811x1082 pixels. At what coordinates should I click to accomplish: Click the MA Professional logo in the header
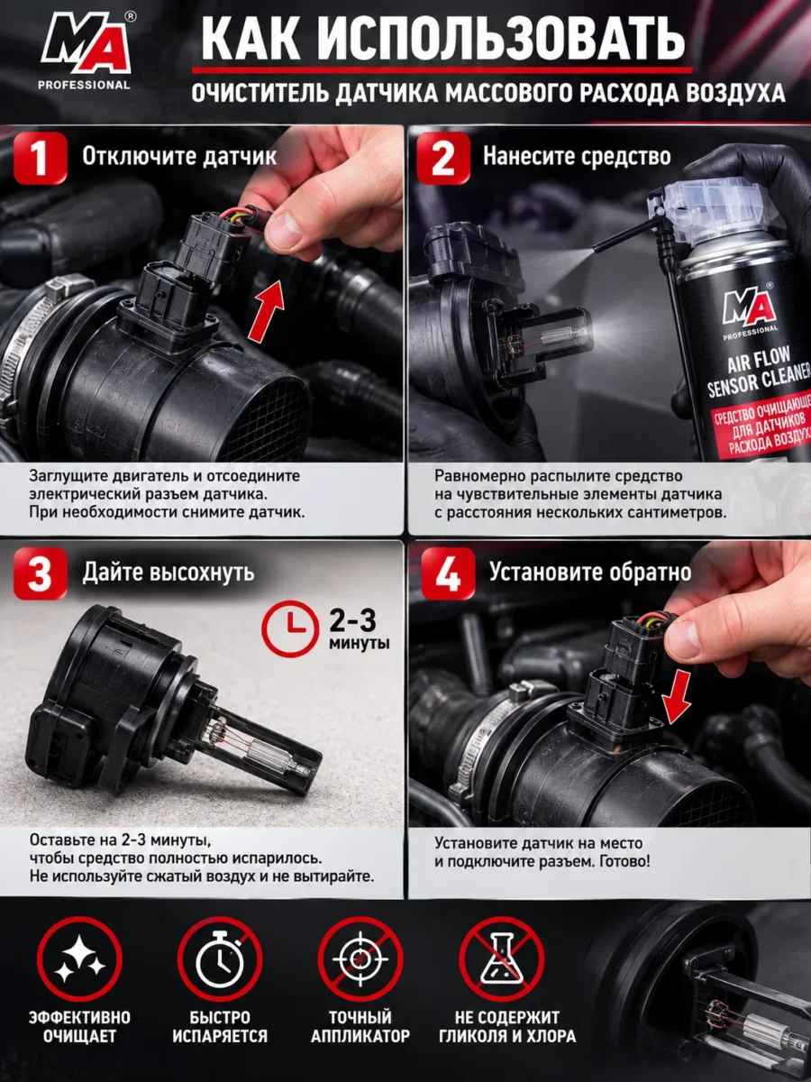pos(86,51)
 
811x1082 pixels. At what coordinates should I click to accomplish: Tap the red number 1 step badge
pos(41,158)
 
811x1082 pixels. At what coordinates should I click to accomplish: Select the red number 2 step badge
pos(443,158)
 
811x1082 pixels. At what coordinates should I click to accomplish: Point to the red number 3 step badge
pos(41,573)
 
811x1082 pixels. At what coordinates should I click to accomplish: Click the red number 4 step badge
pos(448,573)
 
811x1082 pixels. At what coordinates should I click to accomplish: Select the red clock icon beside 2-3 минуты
pos(290,628)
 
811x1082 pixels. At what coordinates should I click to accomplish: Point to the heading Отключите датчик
pos(179,156)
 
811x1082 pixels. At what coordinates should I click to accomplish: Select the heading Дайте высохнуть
pos(169,573)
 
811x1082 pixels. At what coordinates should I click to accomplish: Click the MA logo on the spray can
pos(749,308)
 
